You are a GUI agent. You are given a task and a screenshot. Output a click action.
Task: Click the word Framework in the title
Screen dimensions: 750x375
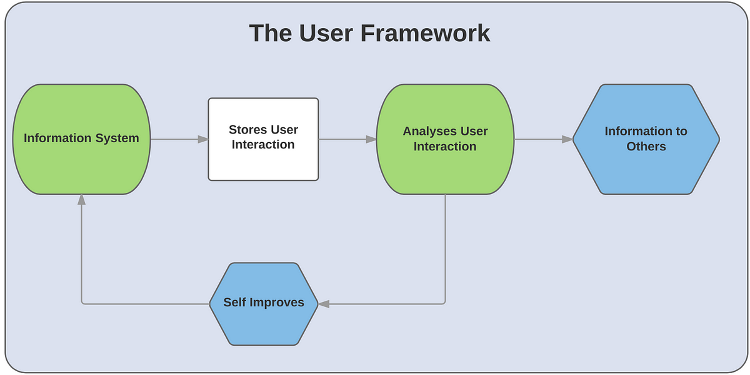click(425, 33)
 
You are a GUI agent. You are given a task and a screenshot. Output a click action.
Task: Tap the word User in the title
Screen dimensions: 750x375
click(326, 33)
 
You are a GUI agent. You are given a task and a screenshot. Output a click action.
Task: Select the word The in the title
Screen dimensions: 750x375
click(271, 33)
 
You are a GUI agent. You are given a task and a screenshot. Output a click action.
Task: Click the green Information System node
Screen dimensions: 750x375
click(81, 139)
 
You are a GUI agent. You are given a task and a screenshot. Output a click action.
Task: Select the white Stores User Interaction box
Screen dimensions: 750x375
click(263, 139)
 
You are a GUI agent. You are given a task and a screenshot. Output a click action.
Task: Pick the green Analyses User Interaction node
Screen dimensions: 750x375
click(445, 139)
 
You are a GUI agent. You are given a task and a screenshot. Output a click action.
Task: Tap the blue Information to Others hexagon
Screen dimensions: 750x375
click(646, 139)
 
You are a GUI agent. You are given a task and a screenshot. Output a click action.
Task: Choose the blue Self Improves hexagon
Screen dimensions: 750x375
click(264, 304)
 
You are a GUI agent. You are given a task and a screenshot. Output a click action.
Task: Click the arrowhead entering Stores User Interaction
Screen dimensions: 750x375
click(203, 139)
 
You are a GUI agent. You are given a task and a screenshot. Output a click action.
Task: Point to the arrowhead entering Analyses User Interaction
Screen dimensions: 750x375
click(371, 139)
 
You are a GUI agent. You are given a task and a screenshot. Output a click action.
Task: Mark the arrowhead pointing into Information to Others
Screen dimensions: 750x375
click(567, 139)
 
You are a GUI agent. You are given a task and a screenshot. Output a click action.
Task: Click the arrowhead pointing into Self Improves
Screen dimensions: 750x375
click(324, 304)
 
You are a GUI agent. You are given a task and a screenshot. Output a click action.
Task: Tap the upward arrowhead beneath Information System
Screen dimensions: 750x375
click(81, 200)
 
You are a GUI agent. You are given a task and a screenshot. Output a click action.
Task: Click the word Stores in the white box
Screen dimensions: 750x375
click(247, 129)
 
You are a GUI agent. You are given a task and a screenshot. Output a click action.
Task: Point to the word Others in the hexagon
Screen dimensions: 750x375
click(646, 147)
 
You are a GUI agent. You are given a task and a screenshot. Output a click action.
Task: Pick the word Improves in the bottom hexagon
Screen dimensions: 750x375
click(276, 303)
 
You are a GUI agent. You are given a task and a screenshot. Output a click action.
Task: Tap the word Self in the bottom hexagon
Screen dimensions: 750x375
click(235, 302)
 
